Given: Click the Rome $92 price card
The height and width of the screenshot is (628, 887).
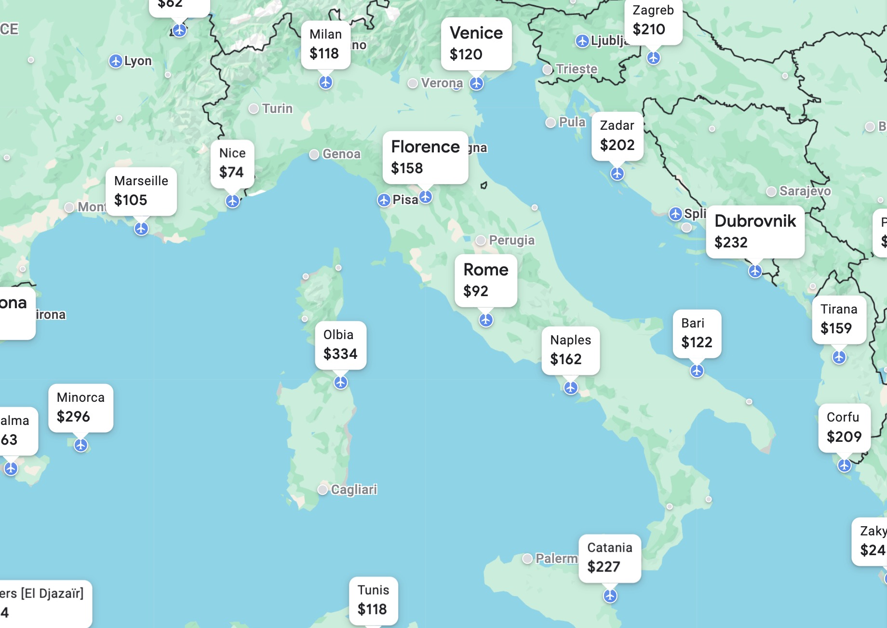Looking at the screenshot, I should pyautogui.click(x=485, y=280).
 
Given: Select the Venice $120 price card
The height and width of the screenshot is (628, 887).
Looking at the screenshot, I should pyautogui.click(x=476, y=43).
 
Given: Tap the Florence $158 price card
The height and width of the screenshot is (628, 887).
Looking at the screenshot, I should pyautogui.click(x=425, y=157).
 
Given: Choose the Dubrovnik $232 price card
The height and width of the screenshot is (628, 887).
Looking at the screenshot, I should pyautogui.click(x=755, y=232).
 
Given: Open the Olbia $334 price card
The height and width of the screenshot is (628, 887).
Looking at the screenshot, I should pyautogui.click(x=340, y=345).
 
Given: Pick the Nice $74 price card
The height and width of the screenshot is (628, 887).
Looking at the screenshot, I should pyautogui.click(x=232, y=163).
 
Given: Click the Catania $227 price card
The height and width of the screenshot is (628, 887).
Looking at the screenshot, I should pyautogui.click(x=609, y=558).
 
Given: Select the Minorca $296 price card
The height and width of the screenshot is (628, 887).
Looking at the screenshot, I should pyautogui.click(x=81, y=408).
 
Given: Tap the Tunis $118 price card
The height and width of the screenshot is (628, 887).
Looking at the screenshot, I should pyautogui.click(x=373, y=600).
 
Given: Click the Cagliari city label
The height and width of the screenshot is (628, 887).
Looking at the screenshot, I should pyautogui.click(x=353, y=490).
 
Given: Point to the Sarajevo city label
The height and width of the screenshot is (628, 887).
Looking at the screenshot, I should pyautogui.click(x=805, y=191).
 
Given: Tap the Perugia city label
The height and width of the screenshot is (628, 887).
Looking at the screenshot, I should pyautogui.click(x=511, y=240).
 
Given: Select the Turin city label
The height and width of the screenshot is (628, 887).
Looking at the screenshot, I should pyautogui.click(x=277, y=109).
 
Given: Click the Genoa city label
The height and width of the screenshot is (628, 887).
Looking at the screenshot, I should pyautogui.click(x=341, y=154).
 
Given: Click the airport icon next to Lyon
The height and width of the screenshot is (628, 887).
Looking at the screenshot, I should pyautogui.click(x=115, y=61).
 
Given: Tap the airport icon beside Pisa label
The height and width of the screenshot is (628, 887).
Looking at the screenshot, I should pyautogui.click(x=384, y=200).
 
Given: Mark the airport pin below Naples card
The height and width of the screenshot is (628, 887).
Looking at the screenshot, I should pyautogui.click(x=571, y=387).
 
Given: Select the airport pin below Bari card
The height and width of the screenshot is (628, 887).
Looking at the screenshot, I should pyautogui.click(x=697, y=370).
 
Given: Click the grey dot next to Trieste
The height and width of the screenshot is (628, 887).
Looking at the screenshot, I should pyautogui.click(x=548, y=69).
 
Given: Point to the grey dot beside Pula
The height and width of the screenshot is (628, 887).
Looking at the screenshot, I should pyautogui.click(x=551, y=123).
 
